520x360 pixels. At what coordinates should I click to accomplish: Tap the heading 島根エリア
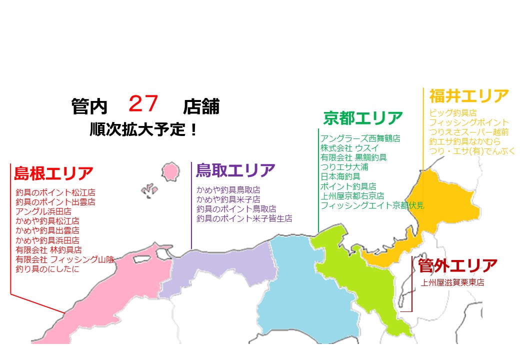click(53, 173)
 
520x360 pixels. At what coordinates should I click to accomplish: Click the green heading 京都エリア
click(362, 118)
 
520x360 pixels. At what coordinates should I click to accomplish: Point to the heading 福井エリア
click(468, 96)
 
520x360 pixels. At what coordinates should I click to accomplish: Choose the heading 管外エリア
click(458, 265)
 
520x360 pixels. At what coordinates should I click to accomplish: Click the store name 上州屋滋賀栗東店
click(452, 282)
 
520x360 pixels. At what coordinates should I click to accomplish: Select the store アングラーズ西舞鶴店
click(360, 138)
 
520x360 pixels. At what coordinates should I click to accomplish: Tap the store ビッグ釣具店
click(452, 113)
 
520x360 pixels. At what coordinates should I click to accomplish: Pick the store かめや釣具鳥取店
click(228, 190)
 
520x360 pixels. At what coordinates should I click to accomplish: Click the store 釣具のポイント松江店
click(55, 192)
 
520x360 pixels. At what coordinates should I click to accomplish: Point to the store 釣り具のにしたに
click(47, 269)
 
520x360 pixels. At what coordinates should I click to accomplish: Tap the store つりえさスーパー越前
click(468, 132)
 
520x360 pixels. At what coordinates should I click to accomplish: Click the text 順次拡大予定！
click(143, 130)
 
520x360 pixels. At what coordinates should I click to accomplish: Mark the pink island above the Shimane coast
click(171, 170)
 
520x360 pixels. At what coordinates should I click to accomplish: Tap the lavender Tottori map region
click(220, 265)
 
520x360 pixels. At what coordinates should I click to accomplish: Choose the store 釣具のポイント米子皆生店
click(244, 218)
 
